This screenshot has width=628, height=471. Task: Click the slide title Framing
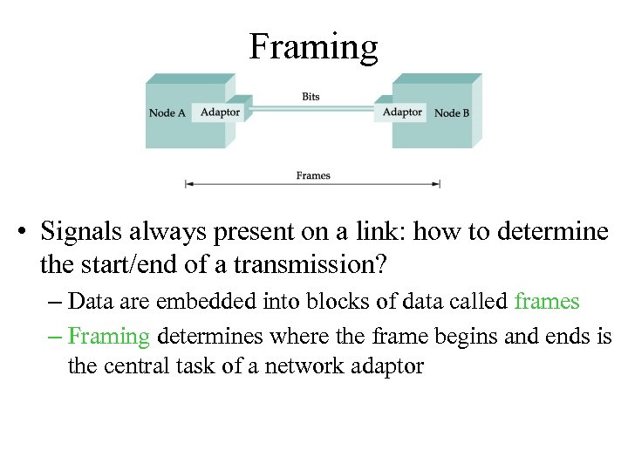(313, 46)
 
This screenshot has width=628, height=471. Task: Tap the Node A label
(167, 113)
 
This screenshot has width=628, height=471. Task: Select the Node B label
(453, 113)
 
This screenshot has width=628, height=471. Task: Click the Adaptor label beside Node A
(219, 112)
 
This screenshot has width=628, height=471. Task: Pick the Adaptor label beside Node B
(402, 112)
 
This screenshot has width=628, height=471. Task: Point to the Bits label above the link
(311, 96)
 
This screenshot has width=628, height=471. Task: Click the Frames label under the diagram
(313, 175)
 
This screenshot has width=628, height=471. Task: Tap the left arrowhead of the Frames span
(188, 184)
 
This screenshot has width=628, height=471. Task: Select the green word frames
(547, 302)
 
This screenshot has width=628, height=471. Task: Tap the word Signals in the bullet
(83, 232)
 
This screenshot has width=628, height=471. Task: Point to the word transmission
(296, 263)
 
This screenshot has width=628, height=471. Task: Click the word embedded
(197, 302)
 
